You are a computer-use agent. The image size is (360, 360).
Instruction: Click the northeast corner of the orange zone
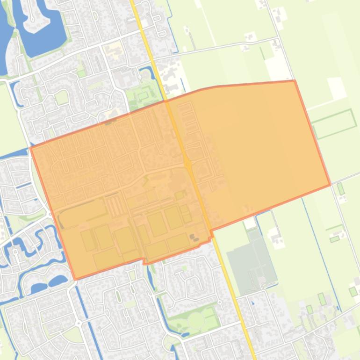point(294,81)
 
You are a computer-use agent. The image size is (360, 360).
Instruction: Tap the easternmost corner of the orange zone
point(330,185)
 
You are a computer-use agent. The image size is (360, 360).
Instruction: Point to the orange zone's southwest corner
point(75,280)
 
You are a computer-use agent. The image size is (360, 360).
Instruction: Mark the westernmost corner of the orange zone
point(30,148)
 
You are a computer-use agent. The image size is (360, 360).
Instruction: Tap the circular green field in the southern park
point(195,320)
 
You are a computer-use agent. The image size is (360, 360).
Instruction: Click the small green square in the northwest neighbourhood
point(61,97)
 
